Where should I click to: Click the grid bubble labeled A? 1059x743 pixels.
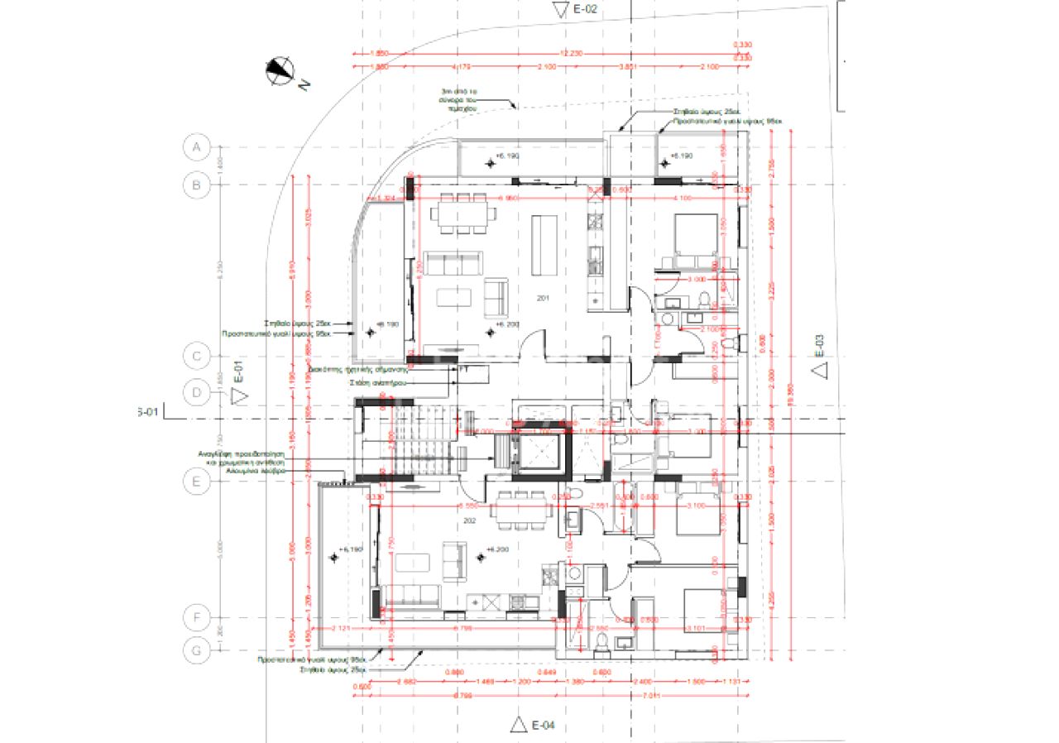[x=196, y=148]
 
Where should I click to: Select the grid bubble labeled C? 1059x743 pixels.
[x=196, y=357]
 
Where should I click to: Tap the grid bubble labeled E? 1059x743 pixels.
[x=196, y=482]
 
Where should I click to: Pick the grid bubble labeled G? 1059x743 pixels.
[x=196, y=650]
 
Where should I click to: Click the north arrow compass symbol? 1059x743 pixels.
[x=280, y=71]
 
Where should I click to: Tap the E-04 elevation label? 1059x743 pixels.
[x=542, y=726]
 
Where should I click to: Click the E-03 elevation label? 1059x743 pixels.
[x=819, y=344]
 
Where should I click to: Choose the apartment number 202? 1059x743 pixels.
[x=470, y=521]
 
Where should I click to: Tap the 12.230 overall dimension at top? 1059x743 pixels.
[x=572, y=52]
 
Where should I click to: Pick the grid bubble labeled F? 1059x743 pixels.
[x=196, y=617]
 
